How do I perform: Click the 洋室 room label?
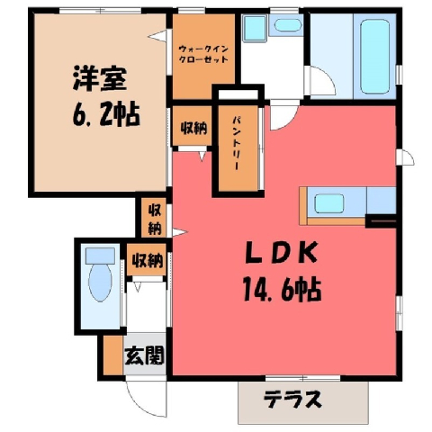pos(99,78)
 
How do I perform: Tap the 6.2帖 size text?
pos(106,114)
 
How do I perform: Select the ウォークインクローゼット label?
pos(203,54)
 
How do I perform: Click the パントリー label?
pos(237,143)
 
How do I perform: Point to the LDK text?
pos(281,253)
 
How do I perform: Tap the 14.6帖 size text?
pos(282,289)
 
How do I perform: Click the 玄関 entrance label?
pos(145,355)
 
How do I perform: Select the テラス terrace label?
pos(292,399)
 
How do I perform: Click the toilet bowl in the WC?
pos(100,282)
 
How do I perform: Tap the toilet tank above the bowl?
pos(100,256)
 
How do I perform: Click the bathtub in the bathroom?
pos(375,57)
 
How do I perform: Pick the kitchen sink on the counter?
pos(328,203)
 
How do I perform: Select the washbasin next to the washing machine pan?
pos(288,25)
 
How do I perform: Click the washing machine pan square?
pos(255,27)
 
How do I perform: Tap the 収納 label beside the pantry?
pos(193,128)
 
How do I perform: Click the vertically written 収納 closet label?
pos(155,220)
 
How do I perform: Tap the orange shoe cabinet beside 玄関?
pos(113,355)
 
